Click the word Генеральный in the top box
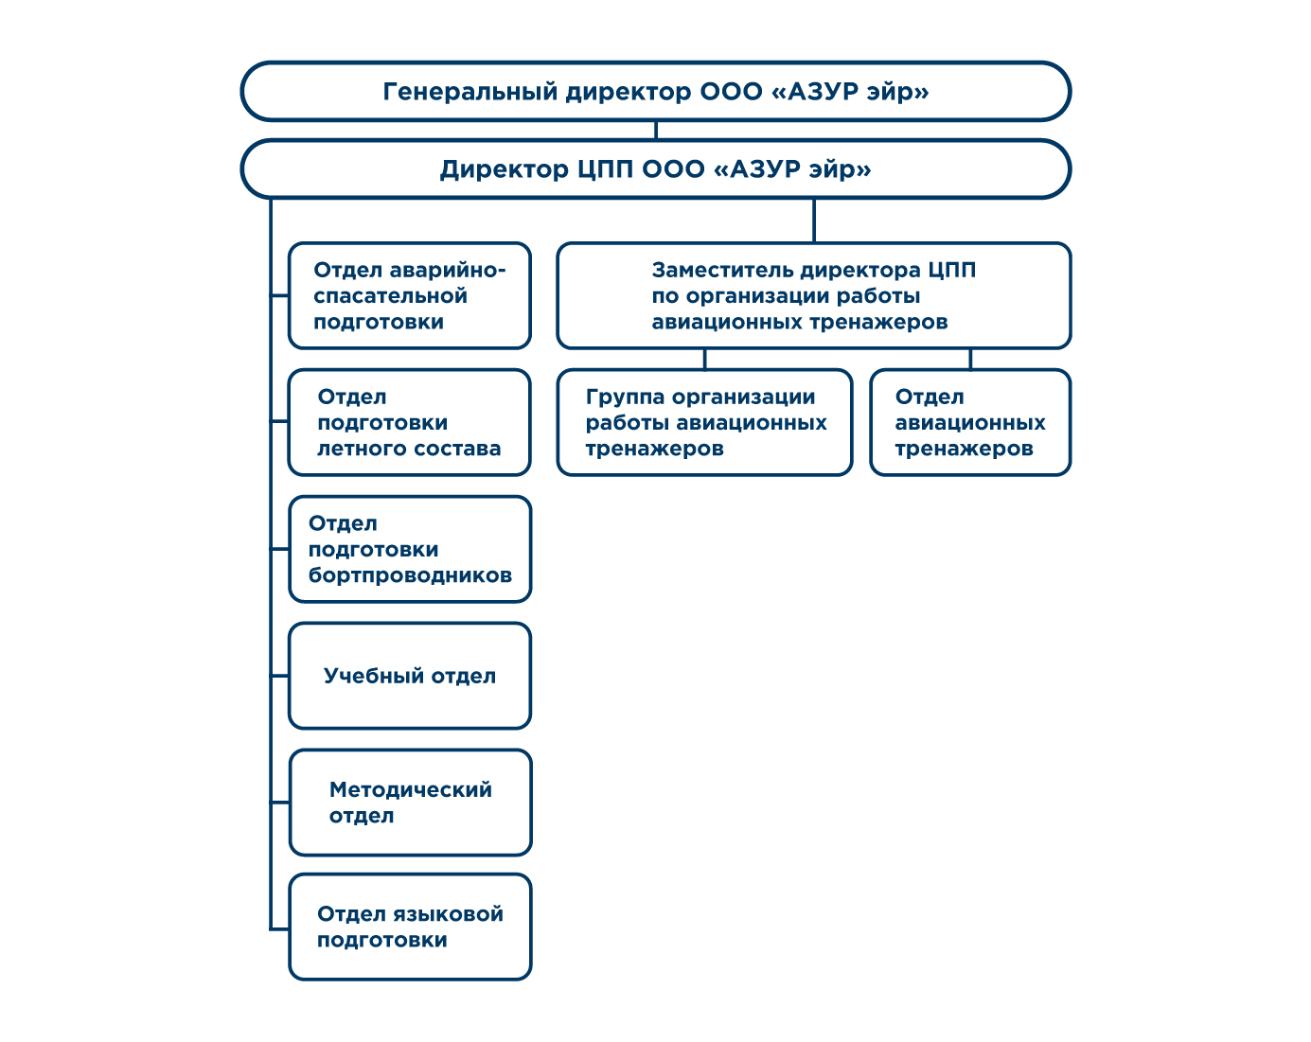tap(469, 92)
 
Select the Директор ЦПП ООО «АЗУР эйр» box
tap(655, 169)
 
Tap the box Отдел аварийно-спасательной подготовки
tap(409, 296)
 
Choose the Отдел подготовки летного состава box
tap(409, 423)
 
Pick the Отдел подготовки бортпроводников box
tap(410, 549)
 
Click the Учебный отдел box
tap(410, 676)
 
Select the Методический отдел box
tap(411, 803)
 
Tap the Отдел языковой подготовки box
tap(411, 927)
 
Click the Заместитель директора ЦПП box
tap(814, 296)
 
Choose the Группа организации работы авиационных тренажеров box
tap(704, 423)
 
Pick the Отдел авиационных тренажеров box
tap(970, 423)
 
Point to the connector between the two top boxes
tap(655, 131)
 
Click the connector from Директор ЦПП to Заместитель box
tap(814, 221)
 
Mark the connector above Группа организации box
tap(705, 360)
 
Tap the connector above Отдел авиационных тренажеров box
tap(970, 360)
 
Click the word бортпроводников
tap(410, 575)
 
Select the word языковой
tap(448, 915)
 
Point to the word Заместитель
tap(721, 270)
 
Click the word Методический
tap(411, 790)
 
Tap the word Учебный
tap(373, 676)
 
